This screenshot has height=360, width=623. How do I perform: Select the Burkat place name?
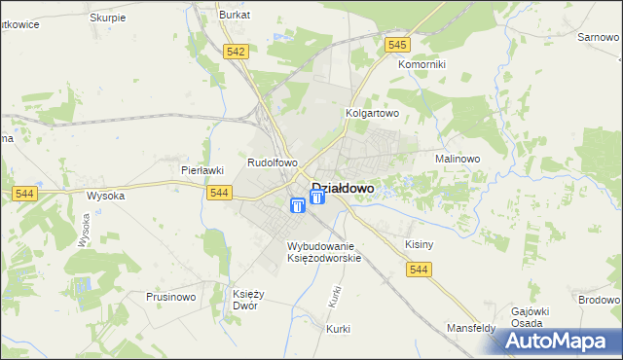(235, 16)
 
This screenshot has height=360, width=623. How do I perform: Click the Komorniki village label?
(421, 64)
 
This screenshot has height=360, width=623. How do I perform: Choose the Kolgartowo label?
(373, 113)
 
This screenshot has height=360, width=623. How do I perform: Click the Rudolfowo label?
(273, 162)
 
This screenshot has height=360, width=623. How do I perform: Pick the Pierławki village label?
(202, 169)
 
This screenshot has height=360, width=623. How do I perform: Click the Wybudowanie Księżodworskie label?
(324, 252)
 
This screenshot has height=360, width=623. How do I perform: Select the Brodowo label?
(599, 301)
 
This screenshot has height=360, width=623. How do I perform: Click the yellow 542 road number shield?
(234, 53)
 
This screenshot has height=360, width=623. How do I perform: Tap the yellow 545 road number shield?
(396, 45)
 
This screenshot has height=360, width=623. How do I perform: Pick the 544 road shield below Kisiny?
(420, 269)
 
